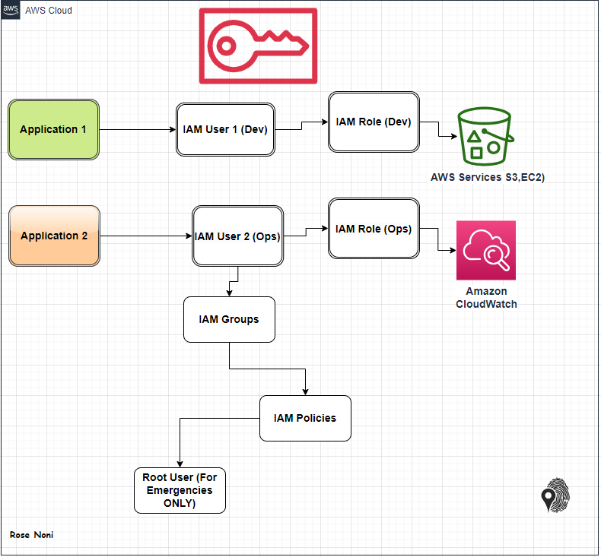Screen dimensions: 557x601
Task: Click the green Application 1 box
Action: click(54, 129)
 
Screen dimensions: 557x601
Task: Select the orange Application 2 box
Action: click(54, 236)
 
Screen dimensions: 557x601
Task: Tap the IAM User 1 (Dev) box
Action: click(225, 129)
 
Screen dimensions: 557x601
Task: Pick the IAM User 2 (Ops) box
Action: click(237, 236)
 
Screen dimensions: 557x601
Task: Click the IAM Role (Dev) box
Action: click(374, 122)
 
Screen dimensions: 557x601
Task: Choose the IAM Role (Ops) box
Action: click(374, 229)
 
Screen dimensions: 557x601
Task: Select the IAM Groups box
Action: click(229, 319)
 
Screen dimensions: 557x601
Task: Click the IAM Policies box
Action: click(305, 418)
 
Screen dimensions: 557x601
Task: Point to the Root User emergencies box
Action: click(180, 490)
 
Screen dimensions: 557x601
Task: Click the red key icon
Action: click(258, 46)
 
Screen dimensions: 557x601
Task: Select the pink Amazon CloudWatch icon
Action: click(486, 250)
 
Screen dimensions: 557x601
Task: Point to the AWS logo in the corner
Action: click(11, 10)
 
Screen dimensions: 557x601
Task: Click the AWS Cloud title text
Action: click(49, 11)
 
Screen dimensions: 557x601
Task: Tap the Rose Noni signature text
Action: click(31, 535)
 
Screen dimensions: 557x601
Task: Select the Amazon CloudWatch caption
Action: click(486, 298)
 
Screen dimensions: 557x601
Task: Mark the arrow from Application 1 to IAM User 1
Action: click(137, 129)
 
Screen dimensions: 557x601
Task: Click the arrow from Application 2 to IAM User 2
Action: click(145, 236)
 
